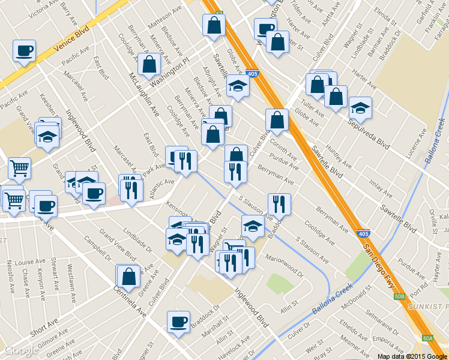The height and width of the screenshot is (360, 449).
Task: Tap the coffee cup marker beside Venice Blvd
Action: pos(24,51)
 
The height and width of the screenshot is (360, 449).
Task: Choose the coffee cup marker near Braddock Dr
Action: pos(178,322)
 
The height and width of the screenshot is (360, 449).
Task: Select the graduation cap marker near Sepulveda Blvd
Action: pos(360,108)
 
